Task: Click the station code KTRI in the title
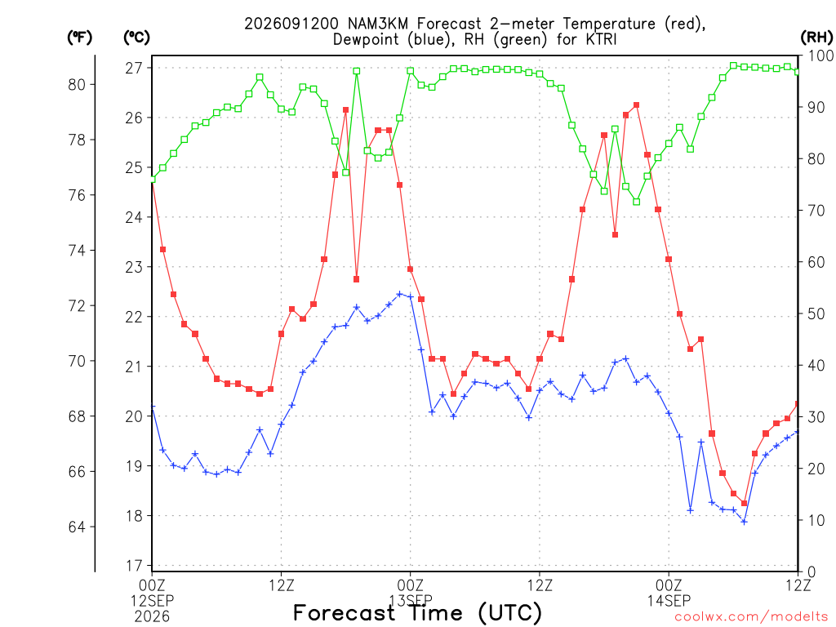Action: (x=599, y=39)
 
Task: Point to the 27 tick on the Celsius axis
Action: (x=134, y=68)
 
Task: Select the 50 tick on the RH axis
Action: (x=816, y=313)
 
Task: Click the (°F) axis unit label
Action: (x=79, y=38)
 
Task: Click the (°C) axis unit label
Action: (x=137, y=38)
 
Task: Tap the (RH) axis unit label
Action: (x=816, y=38)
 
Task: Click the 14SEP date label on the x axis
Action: (x=669, y=601)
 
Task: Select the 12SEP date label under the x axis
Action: (x=153, y=601)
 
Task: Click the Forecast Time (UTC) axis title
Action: (x=417, y=613)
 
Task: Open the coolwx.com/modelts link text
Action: (x=751, y=616)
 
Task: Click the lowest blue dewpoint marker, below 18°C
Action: (x=745, y=522)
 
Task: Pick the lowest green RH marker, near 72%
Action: (x=636, y=202)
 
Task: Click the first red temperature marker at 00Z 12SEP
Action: (x=153, y=181)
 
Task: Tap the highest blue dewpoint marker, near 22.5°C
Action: (x=399, y=294)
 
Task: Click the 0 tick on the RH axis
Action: (x=812, y=572)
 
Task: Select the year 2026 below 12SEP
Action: (x=153, y=616)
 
